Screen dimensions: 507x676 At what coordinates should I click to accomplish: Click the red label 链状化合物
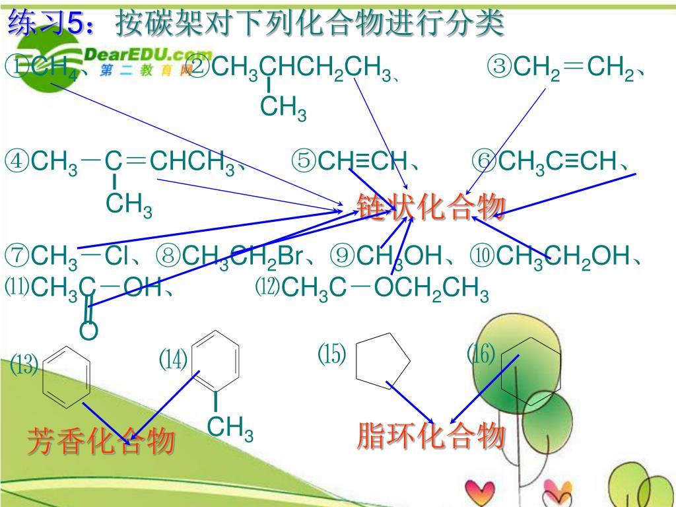click(432, 207)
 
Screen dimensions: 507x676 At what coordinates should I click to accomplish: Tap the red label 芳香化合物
click(100, 441)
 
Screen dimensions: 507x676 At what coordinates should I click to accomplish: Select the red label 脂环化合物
click(431, 436)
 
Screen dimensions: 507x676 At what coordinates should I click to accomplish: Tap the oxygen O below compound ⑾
click(88, 331)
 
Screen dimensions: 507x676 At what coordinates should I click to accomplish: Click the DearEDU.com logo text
click(149, 55)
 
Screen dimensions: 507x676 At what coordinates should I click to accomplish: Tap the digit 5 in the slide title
click(77, 24)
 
